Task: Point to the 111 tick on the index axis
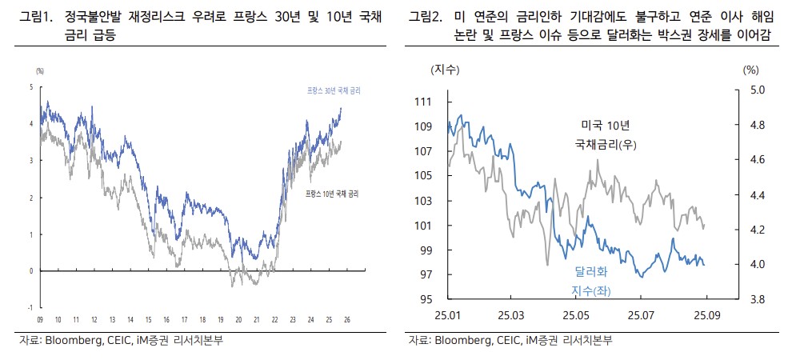pyautogui.click(x=423, y=102)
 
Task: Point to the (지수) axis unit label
pyautogui.click(x=445, y=70)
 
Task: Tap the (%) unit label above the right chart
pyautogui.click(x=750, y=70)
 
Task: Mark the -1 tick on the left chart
pyautogui.click(x=30, y=307)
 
